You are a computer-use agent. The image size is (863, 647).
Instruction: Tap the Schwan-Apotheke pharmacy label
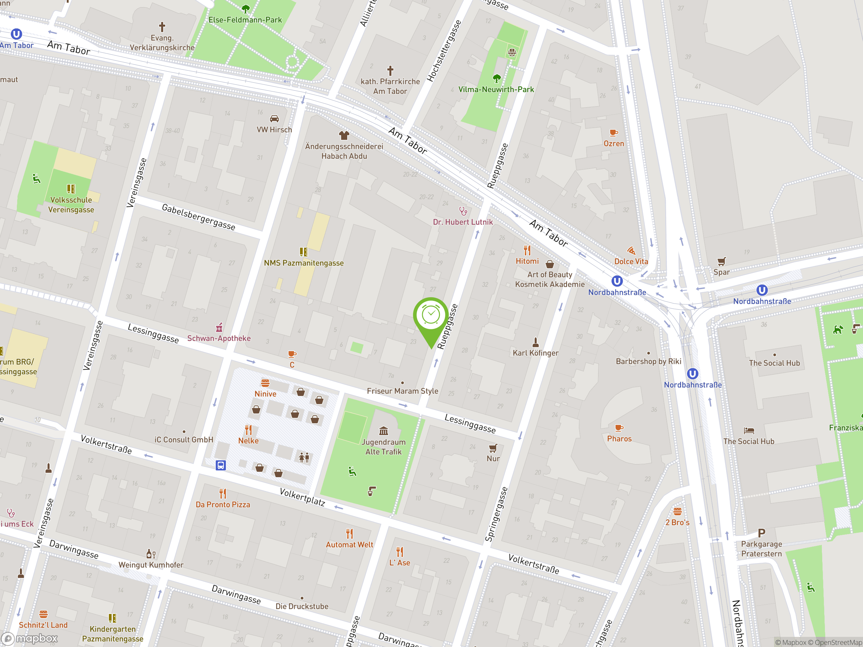pos(219,338)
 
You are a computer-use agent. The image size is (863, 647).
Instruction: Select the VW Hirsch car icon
pos(274,119)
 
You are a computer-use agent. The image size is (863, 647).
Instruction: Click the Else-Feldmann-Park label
pos(245,20)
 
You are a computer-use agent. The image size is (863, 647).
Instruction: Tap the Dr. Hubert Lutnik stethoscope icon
pos(463,211)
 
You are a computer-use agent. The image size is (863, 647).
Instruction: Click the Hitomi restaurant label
pos(527,261)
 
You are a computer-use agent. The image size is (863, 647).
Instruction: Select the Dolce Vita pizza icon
pos(631,250)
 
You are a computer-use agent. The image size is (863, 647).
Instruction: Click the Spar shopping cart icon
pos(721,261)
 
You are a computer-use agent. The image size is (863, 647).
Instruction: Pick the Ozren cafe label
pos(614,144)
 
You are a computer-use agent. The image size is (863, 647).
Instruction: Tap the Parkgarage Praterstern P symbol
pos(761,533)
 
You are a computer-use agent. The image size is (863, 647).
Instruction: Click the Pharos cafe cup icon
pos(619,428)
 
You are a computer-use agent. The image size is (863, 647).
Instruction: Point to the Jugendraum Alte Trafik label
pos(384,447)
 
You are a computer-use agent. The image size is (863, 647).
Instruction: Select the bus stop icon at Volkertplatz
pos(221,465)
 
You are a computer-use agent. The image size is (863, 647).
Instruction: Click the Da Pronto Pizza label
pos(223,505)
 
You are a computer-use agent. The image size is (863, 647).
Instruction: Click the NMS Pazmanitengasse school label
pos(303,263)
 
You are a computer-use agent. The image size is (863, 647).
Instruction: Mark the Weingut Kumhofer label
pos(151,565)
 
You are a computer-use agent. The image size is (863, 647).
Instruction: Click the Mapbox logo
pos(30,639)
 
